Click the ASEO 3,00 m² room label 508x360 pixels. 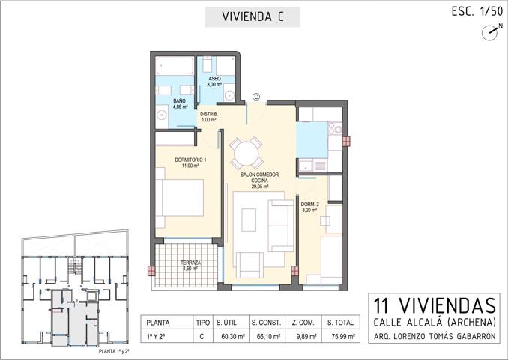(214, 82)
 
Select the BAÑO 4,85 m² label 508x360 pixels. (180, 103)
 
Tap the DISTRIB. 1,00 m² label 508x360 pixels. (208, 117)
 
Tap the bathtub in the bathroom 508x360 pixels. (175, 66)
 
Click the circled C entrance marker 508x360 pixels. (255, 96)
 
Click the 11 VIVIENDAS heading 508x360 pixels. (435, 306)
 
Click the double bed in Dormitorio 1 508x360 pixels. (180, 197)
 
